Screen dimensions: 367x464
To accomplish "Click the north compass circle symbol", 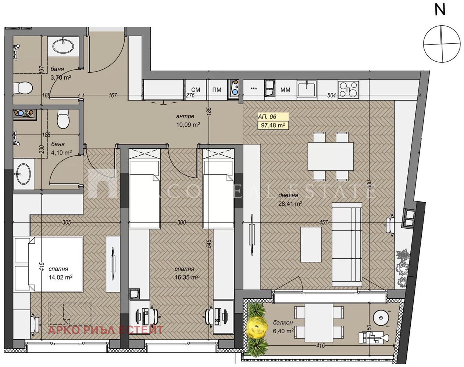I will point(442,43).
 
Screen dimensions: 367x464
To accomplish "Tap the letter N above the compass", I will point(440,10).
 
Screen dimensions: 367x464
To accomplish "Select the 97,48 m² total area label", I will point(273,125).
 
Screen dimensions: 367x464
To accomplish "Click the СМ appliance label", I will point(196,90).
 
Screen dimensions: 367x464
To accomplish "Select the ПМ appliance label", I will point(217,90).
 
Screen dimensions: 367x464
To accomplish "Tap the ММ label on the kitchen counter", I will point(285,90).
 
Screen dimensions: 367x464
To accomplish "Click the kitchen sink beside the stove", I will point(307,89).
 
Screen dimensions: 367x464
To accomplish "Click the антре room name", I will point(185,116).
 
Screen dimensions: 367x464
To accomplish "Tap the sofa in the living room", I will point(347,244).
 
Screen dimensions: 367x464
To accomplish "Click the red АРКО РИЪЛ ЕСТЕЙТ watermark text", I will point(105,330).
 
